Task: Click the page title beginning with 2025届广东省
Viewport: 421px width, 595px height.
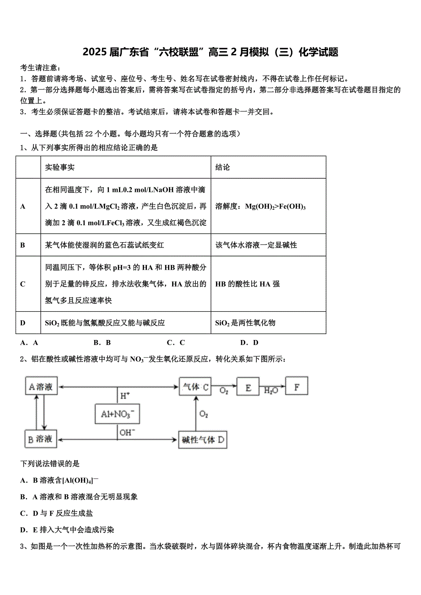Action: point(210,52)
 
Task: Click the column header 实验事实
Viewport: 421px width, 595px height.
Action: point(60,167)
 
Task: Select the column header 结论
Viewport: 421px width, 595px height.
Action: point(223,167)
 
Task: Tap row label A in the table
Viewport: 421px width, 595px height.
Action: point(23,206)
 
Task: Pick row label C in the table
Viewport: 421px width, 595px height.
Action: point(23,284)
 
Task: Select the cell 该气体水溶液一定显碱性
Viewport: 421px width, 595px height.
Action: point(256,245)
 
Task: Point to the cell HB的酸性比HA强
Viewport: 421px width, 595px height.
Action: point(248,284)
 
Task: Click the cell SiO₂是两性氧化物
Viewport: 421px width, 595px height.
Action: point(245,323)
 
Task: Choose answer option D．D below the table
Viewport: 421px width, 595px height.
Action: point(249,342)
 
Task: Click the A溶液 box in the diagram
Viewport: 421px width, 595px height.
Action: point(41,387)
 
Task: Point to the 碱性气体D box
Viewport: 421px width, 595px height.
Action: point(203,440)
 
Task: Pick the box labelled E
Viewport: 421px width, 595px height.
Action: point(248,387)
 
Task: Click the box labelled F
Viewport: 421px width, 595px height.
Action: point(297,387)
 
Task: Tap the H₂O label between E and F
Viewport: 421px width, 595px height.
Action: point(271,391)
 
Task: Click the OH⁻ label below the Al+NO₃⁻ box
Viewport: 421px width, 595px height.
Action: point(127,432)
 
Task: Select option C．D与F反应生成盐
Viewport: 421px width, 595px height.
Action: point(57,513)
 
